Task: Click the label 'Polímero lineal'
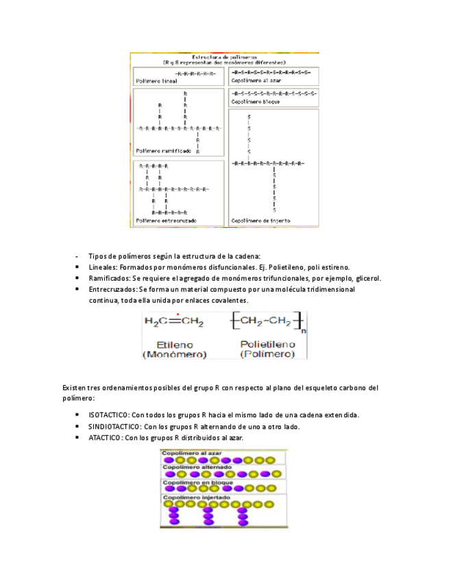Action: pos(152,80)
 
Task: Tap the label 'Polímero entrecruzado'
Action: pos(165,220)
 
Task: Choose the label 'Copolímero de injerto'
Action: pos(260,220)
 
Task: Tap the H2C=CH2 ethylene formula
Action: pos(174,321)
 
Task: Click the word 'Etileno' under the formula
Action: pos(174,344)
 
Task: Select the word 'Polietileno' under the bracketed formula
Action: pos(267,344)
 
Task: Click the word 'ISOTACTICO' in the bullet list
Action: pos(108,415)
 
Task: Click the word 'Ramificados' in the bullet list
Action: pos(109,278)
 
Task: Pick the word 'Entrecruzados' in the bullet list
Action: pos(112,290)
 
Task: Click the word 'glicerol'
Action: pos(367,278)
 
